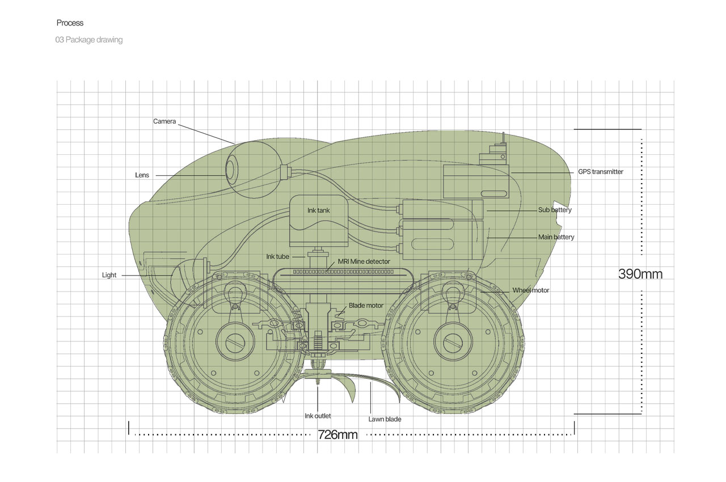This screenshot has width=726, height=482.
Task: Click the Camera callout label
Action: pyautogui.click(x=164, y=121)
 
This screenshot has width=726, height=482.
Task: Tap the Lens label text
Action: pyautogui.click(x=142, y=175)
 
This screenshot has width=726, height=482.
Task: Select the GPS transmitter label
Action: pyautogui.click(x=601, y=172)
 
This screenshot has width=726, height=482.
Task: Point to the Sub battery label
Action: pyautogui.click(x=555, y=210)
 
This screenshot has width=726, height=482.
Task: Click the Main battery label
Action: pyautogui.click(x=556, y=237)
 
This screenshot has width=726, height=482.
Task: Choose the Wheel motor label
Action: pyautogui.click(x=530, y=290)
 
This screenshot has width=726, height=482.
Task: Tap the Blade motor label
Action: pyautogui.click(x=366, y=306)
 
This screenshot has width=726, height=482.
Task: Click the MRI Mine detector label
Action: pyautogui.click(x=364, y=261)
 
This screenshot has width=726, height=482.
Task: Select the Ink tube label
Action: pyautogui.click(x=277, y=256)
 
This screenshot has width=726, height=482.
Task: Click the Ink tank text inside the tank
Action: pyautogui.click(x=319, y=210)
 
